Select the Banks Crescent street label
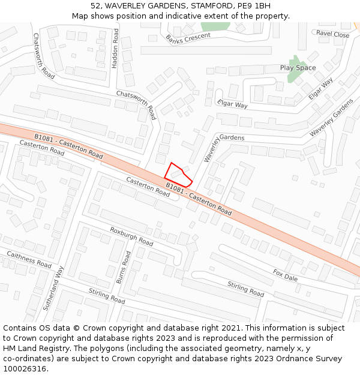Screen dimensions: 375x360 [x=188, y=38]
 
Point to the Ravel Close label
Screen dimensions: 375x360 [x=333, y=35]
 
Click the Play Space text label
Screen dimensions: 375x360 [x=298, y=68]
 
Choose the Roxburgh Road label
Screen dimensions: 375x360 [x=131, y=236]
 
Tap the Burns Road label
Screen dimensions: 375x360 [x=123, y=268]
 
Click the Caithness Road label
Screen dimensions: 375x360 [x=29, y=259]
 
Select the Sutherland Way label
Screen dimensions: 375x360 [x=52, y=288]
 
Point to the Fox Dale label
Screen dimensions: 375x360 [x=285, y=275]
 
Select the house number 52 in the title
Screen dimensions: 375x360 [x=97, y=6]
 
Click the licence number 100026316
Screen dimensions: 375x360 [x=25, y=369]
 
